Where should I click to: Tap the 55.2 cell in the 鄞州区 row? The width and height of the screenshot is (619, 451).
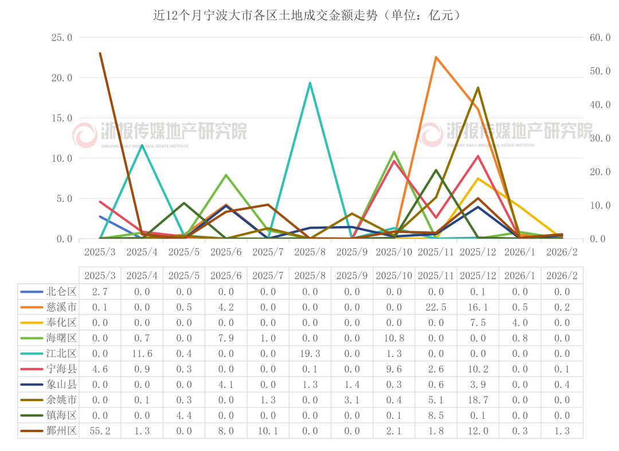click(100, 431)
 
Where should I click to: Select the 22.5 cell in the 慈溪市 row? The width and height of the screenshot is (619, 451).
click(436, 307)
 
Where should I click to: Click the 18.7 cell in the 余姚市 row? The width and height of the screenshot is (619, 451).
click(478, 400)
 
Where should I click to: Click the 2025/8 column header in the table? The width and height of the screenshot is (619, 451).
click(310, 275)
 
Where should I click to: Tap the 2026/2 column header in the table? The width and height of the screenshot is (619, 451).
click(562, 275)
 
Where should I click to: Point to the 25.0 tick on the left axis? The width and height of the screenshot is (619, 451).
click(62, 37)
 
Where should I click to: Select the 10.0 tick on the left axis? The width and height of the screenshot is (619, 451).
click(62, 158)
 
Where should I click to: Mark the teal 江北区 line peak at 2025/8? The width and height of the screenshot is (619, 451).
click(310, 83)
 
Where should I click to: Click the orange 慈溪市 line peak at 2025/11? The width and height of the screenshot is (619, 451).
click(436, 57)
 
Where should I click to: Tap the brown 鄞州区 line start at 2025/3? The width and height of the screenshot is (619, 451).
click(100, 53)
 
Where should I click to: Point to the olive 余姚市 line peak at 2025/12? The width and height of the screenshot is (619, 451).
click(478, 88)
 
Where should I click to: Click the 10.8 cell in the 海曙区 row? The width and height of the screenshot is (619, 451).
click(394, 338)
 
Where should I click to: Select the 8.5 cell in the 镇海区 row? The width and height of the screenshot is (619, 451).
click(436, 415)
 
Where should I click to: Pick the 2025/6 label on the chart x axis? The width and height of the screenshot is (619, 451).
click(226, 252)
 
